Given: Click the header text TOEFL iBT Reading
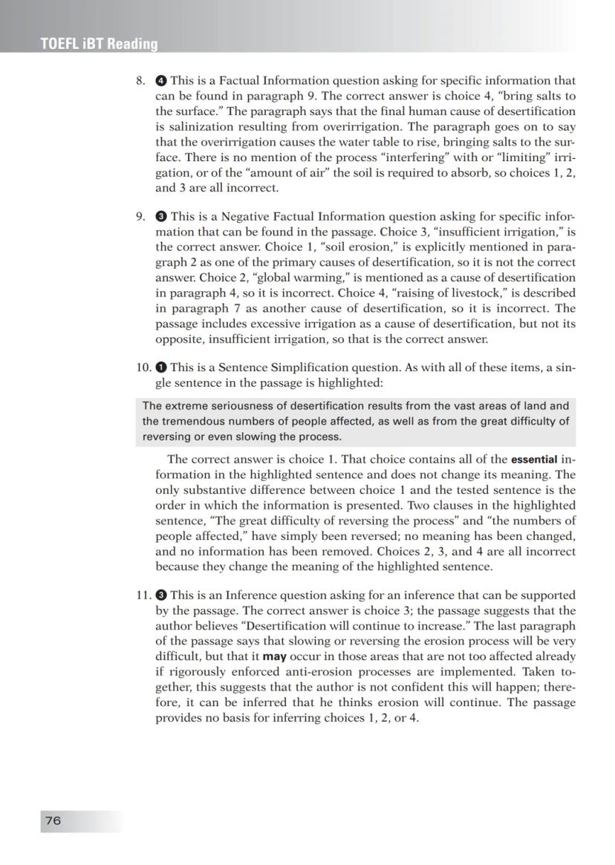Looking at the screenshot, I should (x=100, y=44).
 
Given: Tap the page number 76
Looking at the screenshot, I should (x=53, y=820).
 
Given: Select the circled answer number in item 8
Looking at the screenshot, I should (x=161, y=81).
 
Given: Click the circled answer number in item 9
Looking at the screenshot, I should (x=161, y=217).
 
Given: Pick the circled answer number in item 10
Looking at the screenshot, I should (x=161, y=367).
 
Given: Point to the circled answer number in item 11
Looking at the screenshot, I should (x=161, y=595).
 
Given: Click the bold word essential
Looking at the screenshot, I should (x=534, y=460).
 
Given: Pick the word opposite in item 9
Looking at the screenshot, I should (x=180, y=339).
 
